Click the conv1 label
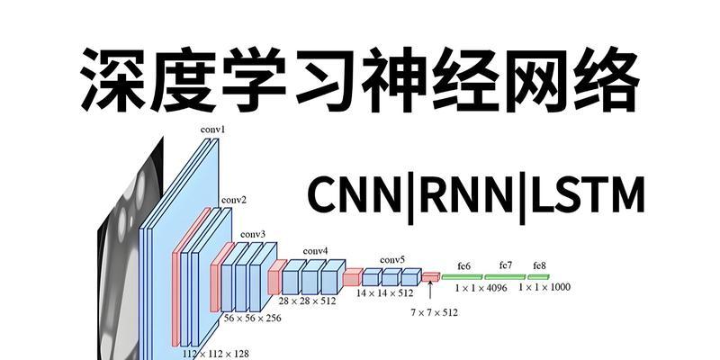click(212, 130)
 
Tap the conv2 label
click(234, 200)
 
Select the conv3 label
click(253, 235)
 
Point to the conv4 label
click(316, 251)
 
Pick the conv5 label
click(392, 260)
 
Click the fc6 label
click(463, 265)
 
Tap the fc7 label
click(506, 265)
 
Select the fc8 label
click(539, 265)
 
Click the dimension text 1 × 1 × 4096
click(481, 288)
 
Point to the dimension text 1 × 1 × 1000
click(544, 287)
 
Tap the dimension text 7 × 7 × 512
click(434, 312)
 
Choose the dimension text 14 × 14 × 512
click(385, 292)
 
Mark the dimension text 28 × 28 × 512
click(307, 301)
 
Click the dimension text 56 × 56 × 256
click(253, 318)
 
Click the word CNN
click(355, 195)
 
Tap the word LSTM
click(587, 195)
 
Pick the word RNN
click(466, 195)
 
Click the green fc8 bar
click(538, 277)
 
